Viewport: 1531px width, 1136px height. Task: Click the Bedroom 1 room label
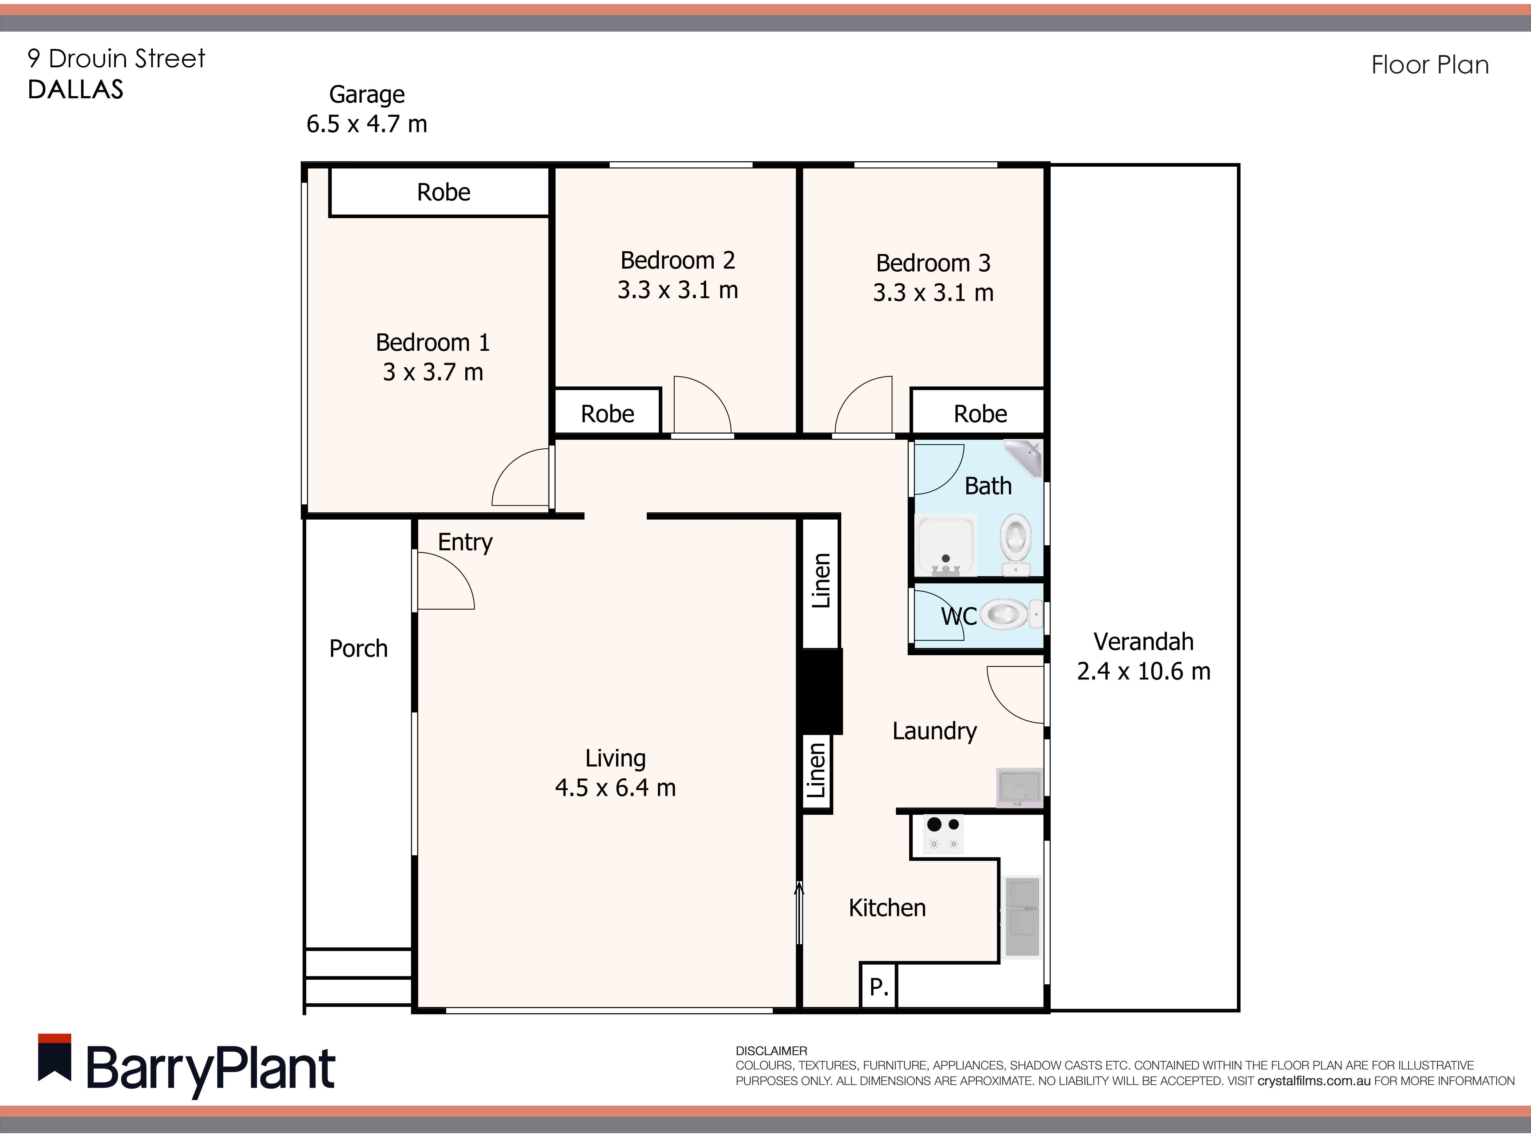tap(432, 342)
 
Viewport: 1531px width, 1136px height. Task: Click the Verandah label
tap(1143, 642)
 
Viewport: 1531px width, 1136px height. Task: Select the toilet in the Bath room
tap(1016, 543)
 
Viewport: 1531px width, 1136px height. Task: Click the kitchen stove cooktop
tap(943, 833)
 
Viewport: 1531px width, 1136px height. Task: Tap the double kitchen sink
tap(1022, 917)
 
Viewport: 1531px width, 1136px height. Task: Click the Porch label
tap(358, 649)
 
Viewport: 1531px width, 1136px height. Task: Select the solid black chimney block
tap(820, 691)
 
